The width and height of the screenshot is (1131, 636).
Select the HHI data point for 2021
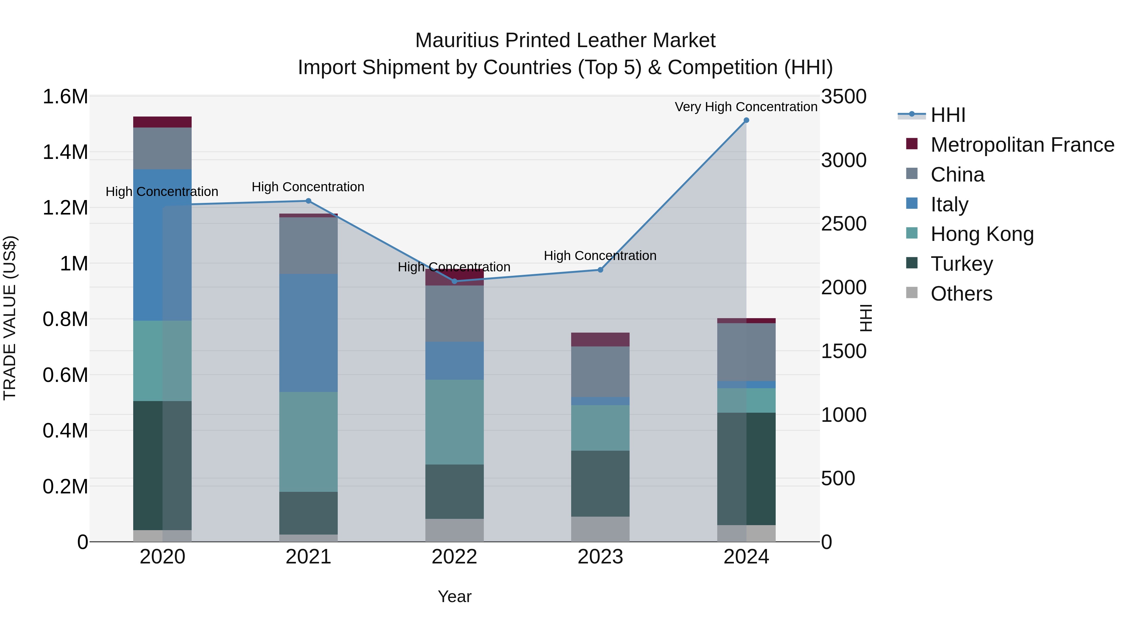pos(308,201)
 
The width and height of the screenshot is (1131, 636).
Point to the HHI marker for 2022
pos(454,281)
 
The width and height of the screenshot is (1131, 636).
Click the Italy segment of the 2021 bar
pos(308,333)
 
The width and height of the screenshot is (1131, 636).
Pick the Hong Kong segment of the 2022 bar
pos(454,422)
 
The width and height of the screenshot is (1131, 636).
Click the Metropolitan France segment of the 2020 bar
pos(162,122)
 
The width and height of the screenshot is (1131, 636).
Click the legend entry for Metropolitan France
pos(1022,145)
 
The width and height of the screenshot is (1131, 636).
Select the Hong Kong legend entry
pos(982,234)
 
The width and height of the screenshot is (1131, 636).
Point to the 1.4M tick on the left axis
pos(65,152)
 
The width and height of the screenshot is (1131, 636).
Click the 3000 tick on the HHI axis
pos(844,160)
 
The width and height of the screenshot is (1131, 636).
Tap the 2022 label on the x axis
pos(454,557)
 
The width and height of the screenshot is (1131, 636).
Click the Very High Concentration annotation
pos(746,107)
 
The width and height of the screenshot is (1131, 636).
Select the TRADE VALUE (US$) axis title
pos(10,318)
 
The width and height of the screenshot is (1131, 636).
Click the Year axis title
pos(454,596)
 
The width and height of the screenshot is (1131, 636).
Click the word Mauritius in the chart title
pos(456,41)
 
